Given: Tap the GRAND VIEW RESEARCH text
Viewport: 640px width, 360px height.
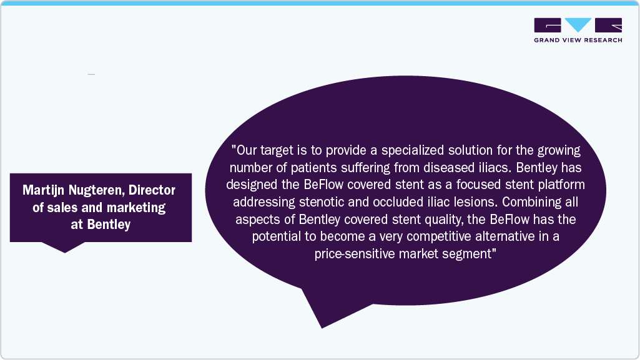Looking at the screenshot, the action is tap(578, 40).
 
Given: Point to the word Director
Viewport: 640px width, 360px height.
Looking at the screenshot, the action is tap(152, 190).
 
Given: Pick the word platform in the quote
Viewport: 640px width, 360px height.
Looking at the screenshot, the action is tap(561, 185).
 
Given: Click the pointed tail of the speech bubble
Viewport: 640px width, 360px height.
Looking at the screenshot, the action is tap(322, 328).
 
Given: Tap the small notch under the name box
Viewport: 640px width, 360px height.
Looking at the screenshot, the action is tap(64, 252).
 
